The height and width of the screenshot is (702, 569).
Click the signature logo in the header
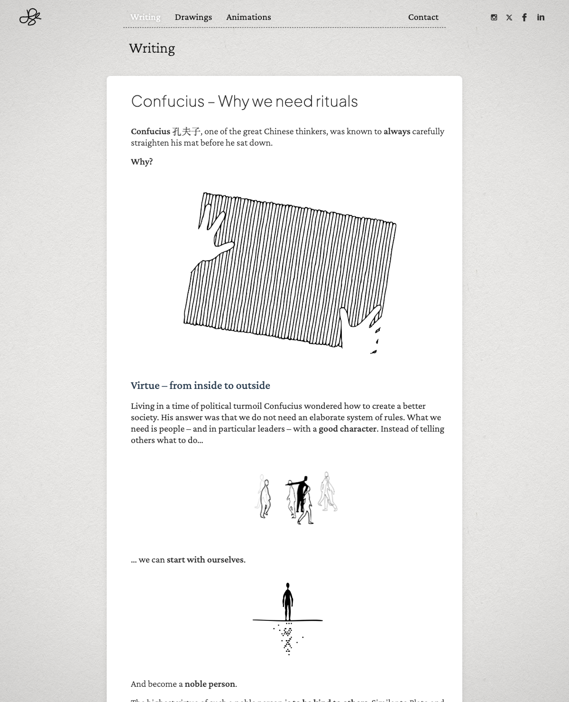30,17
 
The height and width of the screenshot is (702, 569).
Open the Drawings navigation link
193,17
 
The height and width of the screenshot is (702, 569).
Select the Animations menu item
248,17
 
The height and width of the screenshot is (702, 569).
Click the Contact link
423,17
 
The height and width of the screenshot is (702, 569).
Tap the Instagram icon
494,18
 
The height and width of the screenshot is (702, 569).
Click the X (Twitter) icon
509,18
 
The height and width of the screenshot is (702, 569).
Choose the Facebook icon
524,18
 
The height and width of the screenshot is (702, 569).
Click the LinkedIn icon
541,18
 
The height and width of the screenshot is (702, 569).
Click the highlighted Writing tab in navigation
145,17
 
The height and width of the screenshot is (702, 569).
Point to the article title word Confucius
167,101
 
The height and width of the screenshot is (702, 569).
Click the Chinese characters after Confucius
186,131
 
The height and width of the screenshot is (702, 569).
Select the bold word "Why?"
142,162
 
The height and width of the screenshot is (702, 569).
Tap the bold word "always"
397,131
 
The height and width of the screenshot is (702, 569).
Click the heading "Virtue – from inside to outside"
200,386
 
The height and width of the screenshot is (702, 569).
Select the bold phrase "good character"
348,429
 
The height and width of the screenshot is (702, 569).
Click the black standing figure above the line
287,601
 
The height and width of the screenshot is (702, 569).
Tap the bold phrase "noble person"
210,684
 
